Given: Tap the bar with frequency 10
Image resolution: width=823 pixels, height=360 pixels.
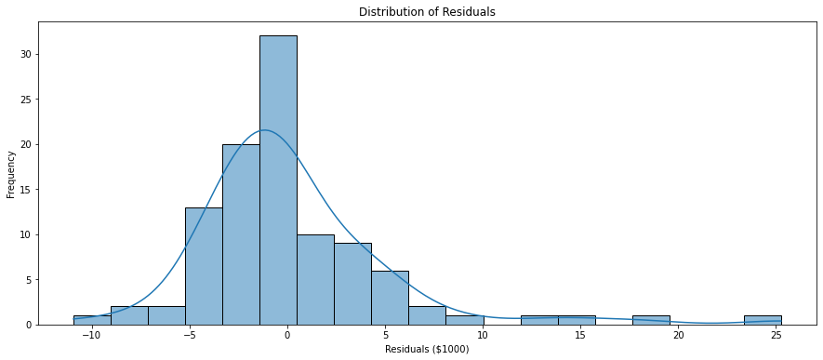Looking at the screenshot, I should pos(315,279).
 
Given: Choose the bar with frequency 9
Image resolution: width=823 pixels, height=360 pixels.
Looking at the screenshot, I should pos(352,284).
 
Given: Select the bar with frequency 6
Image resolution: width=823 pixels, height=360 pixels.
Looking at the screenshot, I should pos(390,298).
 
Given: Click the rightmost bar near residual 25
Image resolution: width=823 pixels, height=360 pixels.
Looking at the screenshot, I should pos(763,320).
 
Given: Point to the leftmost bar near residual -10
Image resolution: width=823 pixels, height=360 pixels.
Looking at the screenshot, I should pos(92,320).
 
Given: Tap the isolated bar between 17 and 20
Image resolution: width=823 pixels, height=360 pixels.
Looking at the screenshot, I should pos(651,320).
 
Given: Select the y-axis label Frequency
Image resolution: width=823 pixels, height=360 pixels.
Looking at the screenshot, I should pos(11,176).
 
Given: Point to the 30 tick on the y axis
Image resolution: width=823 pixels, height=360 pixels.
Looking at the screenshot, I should pos(30,54).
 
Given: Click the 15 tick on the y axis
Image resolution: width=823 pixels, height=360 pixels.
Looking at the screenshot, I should pos(30,189).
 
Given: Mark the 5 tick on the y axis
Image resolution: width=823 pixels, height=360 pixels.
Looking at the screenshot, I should pos(33,279).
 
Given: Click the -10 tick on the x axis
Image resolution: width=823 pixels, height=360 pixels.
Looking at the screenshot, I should pos(91,335).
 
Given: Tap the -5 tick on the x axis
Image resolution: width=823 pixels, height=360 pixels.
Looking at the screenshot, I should pos(190,335).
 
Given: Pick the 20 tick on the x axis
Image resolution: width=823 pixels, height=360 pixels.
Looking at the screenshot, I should pos(679,335).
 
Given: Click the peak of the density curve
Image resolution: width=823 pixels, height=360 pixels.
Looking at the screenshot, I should pos(265,130).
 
